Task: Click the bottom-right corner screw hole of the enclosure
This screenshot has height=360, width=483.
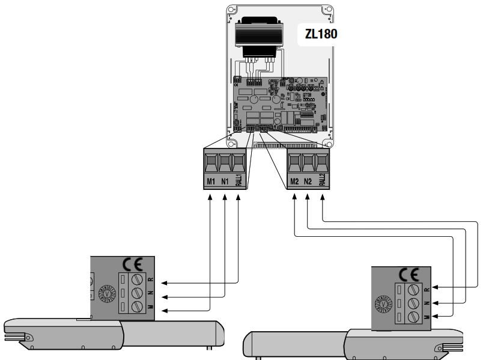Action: tap(327, 145)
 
